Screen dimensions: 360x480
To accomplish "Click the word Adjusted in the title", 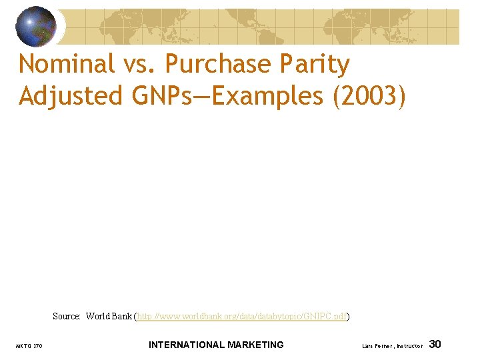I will click(x=71, y=96).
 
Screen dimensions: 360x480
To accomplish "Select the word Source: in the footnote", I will click(x=67, y=316).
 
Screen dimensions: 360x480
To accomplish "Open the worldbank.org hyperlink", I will click(x=242, y=316).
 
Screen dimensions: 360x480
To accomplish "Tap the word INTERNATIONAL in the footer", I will click(x=186, y=345).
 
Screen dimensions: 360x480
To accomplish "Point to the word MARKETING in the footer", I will click(x=255, y=345).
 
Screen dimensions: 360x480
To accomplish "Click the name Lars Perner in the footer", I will click(x=378, y=346).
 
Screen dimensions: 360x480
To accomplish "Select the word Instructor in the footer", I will click(x=409, y=346).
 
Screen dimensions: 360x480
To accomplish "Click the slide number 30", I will click(x=435, y=344).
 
